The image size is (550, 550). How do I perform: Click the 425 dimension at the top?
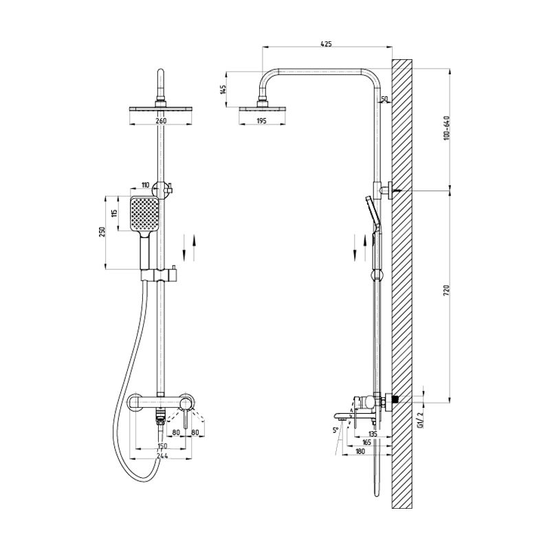pos(326,44)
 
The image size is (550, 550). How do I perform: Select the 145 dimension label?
pos(223,89)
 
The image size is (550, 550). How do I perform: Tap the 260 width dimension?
pos(161,121)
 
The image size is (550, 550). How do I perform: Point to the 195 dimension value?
pos(261,121)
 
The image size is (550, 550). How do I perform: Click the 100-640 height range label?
pos(446,128)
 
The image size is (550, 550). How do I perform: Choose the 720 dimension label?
pos(446,291)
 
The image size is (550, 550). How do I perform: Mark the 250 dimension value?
pos(102,232)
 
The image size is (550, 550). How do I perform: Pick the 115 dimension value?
pos(115,213)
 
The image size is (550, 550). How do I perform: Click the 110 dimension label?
pos(145,185)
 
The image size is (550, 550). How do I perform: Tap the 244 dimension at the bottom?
pos(162,455)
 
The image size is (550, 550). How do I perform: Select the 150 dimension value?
pos(162,445)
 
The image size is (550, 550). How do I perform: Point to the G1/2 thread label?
pos(419,421)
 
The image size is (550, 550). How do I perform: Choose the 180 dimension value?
pos(360,452)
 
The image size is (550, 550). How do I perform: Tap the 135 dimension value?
pos(373,434)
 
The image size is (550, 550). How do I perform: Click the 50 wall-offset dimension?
pos(384,99)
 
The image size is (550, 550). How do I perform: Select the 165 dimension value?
pos(366,442)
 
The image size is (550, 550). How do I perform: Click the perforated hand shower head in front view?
pos(145,214)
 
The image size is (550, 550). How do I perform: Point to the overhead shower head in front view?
pos(161,109)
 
